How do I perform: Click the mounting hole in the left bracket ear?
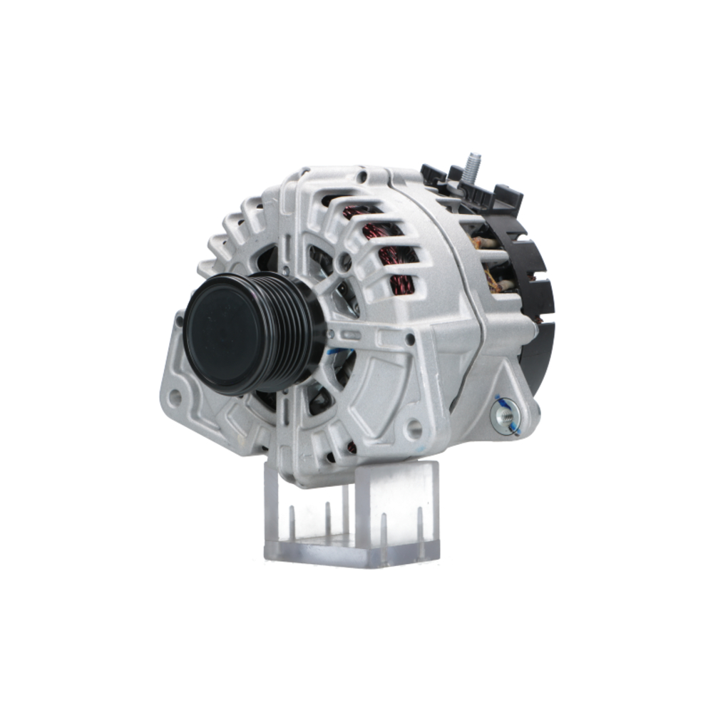click(175, 397)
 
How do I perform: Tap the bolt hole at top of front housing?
click(361, 175)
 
